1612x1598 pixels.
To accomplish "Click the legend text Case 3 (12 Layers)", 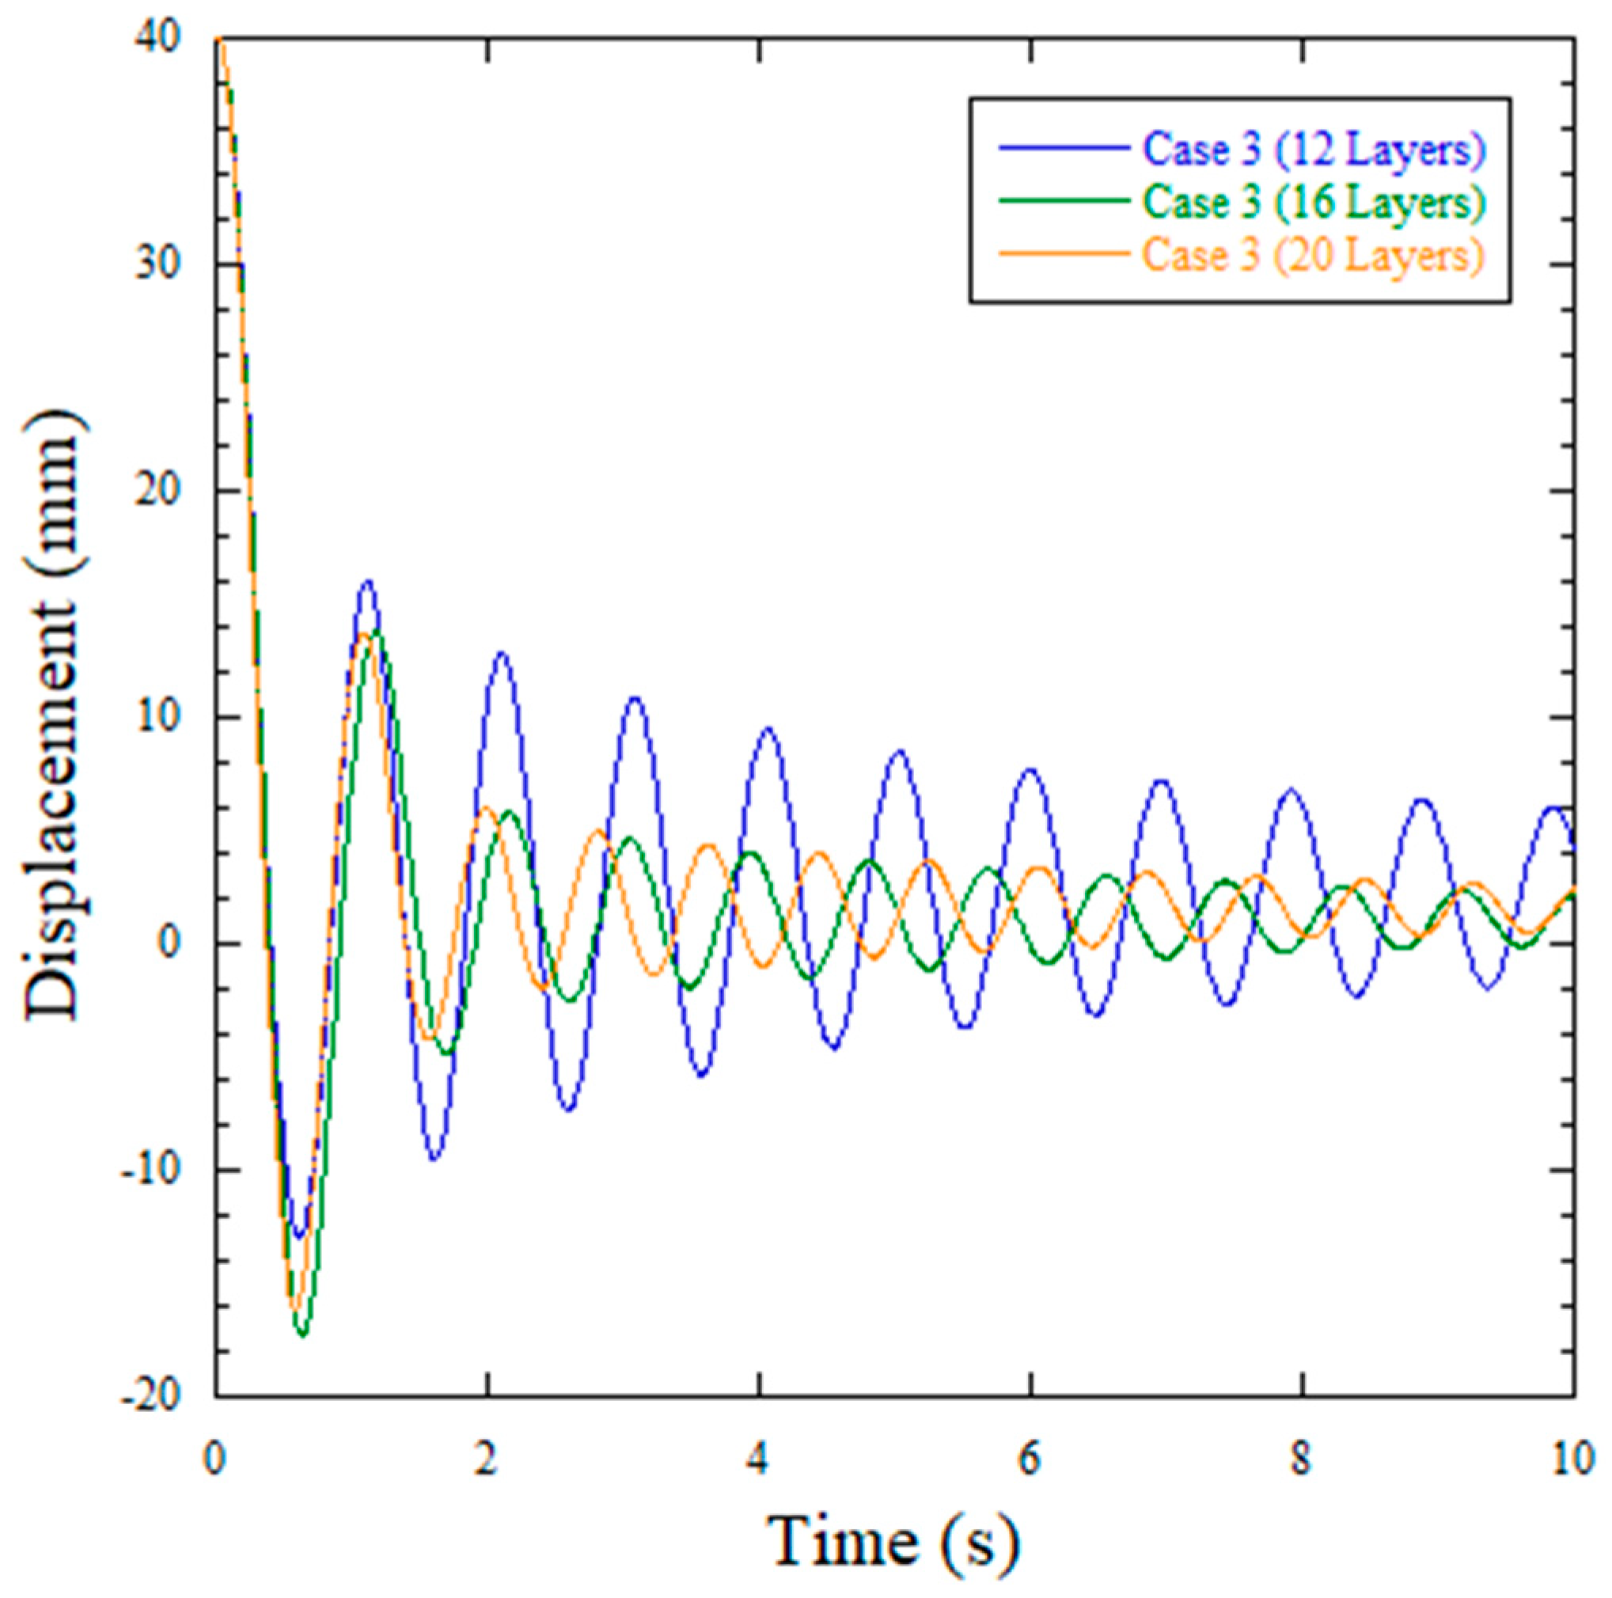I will tap(1314, 151).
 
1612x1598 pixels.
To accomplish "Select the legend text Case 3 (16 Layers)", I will tap(1314, 203).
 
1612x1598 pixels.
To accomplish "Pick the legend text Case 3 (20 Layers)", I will tap(1314, 256).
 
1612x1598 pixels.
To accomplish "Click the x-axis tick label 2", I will tap(487, 1460).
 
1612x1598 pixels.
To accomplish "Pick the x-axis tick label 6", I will tap(1030, 1460).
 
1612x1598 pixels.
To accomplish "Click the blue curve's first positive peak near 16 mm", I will tap(367, 582).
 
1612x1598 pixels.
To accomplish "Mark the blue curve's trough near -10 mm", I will tap(434, 1159).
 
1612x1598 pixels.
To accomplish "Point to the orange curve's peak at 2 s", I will tap(485, 807).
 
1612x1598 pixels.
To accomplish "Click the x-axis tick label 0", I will tap(216, 1460).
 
